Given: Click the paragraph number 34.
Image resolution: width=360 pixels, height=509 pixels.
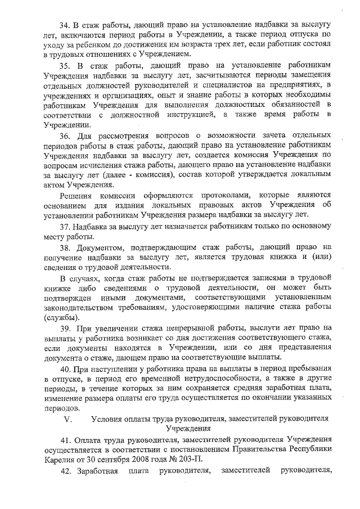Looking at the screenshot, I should [65, 26].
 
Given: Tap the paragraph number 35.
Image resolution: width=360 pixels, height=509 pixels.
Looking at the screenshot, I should [65, 66].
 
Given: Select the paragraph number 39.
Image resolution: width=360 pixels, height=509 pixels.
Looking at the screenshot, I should [65, 327].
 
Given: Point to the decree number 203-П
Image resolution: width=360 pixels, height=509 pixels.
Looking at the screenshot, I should [190, 458].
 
